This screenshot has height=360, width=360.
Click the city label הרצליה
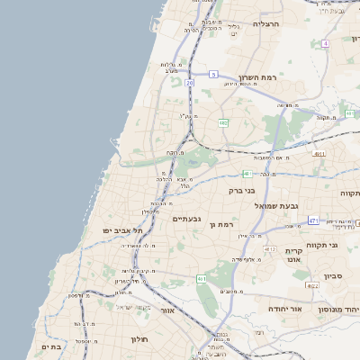click(266, 23)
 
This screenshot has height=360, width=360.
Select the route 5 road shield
click(213, 74)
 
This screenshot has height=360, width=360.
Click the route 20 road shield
click(190, 83)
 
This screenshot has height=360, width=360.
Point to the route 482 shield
click(222, 121)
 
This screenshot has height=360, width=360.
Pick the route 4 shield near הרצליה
click(325, 42)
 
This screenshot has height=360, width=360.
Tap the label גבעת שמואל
click(265, 206)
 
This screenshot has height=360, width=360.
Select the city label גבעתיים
click(186, 219)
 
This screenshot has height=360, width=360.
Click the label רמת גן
click(221, 224)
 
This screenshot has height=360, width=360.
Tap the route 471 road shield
click(313, 220)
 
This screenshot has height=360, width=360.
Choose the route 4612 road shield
click(270, 247)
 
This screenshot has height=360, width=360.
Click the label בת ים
click(50, 346)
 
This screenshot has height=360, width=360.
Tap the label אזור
click(166, 310)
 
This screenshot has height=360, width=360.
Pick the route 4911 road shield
click(320, 154)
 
